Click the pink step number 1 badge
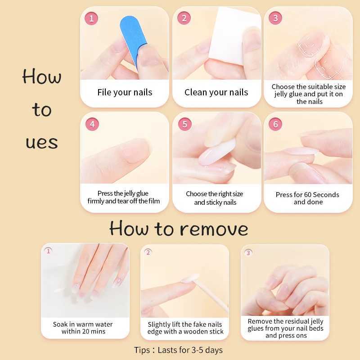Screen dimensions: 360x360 pyautogui.click(x=91, y=18)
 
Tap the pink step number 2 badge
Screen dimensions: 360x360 pyautogui.click(x=184, y=18)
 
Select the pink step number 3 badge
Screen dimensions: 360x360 pyautogui.click(x=275, y=18)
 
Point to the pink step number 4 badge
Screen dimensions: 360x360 pyautogui.click(x=92, y=124)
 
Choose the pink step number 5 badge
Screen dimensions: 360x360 pyautogui.click(x=185, y=124)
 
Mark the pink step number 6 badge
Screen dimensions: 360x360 pyautogui.click(x=275, y=124)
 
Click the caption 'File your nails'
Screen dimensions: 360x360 pyautogui.click(x=125, y=92)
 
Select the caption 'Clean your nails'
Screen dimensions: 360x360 pyautogui.click(x=216, y=92)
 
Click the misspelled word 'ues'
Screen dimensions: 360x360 pyautogui.click(x=42, y=142)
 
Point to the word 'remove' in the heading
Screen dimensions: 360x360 pyautogui.click(x=214, y=229)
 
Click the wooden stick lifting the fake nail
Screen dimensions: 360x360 pyautogui.click(x=211, y=294)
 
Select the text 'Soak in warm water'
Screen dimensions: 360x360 pyautogui.click(x=83, y=324)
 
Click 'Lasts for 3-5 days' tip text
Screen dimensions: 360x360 pyautogui.click(x=190, y=350)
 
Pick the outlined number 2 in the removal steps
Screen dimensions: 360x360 pyautogui.click(x=148, y=252)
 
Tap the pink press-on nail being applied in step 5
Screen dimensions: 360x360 pyautogui.click(x=217, y=152)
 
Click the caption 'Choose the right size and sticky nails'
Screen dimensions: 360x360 pyautogui.click(x=215, y=198)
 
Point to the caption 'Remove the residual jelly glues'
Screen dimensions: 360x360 pyautogui.click(x=285, y=324)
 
